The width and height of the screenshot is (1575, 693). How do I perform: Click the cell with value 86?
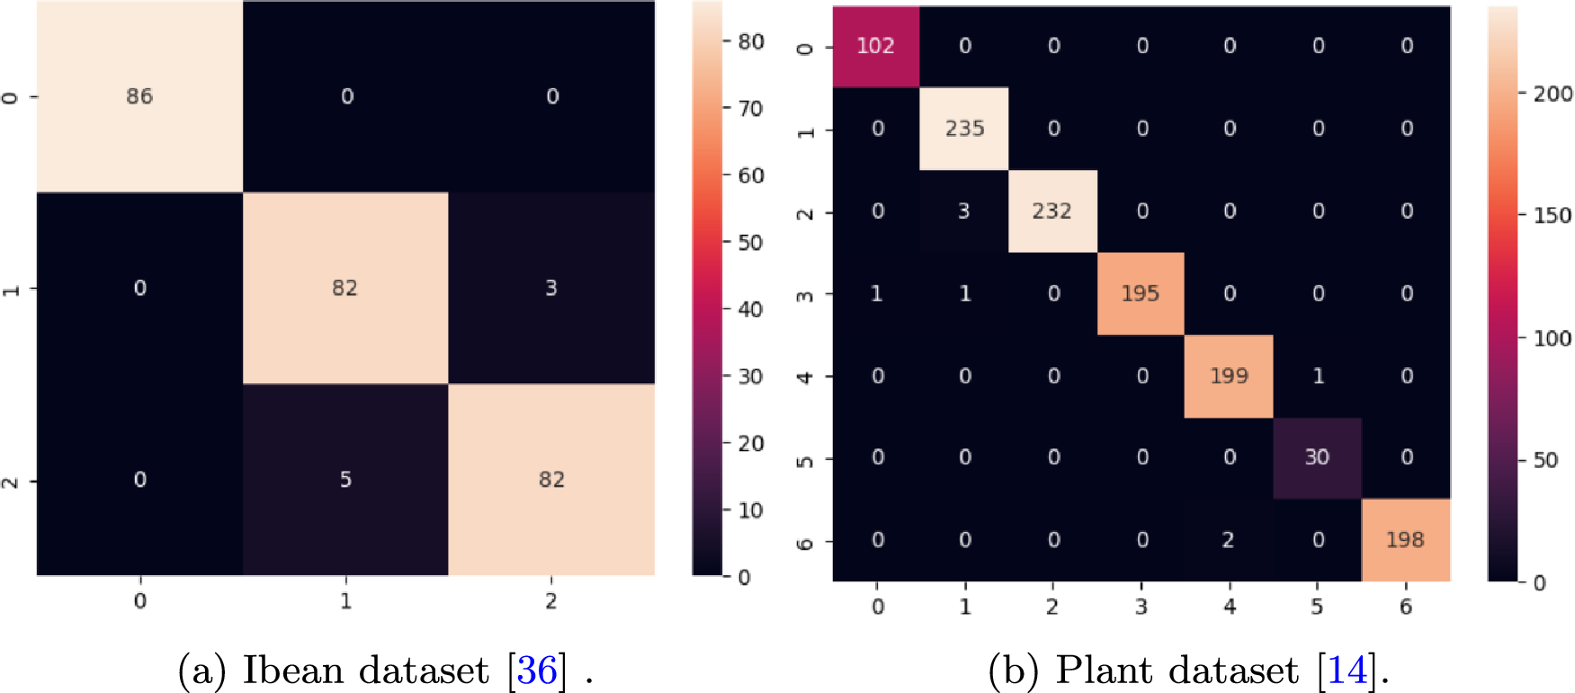139,96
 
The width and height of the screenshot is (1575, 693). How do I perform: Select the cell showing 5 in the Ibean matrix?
345,480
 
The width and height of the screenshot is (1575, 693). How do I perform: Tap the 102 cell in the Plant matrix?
875,47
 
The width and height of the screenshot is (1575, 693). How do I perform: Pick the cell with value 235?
964,129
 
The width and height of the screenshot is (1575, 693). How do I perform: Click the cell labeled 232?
1051,211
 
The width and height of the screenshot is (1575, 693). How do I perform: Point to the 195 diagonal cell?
1140,293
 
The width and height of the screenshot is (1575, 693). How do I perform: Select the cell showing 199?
1229,376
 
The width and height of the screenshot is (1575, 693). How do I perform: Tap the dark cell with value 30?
1317,457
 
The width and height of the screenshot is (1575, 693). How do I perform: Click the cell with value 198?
1405,540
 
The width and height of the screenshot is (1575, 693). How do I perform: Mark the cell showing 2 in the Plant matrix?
1228,540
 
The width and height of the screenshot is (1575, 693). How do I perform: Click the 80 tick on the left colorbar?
750,41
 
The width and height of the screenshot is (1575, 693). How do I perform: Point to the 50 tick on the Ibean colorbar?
750,242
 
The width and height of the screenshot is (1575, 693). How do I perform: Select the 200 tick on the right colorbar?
1553,94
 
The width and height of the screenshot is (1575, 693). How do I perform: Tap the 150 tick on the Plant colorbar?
1553,216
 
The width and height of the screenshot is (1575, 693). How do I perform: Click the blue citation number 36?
537,670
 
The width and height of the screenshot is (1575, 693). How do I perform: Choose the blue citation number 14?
1347,670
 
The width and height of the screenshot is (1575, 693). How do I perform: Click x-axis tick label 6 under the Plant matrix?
1406,607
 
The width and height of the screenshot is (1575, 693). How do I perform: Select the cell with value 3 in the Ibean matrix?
551,288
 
